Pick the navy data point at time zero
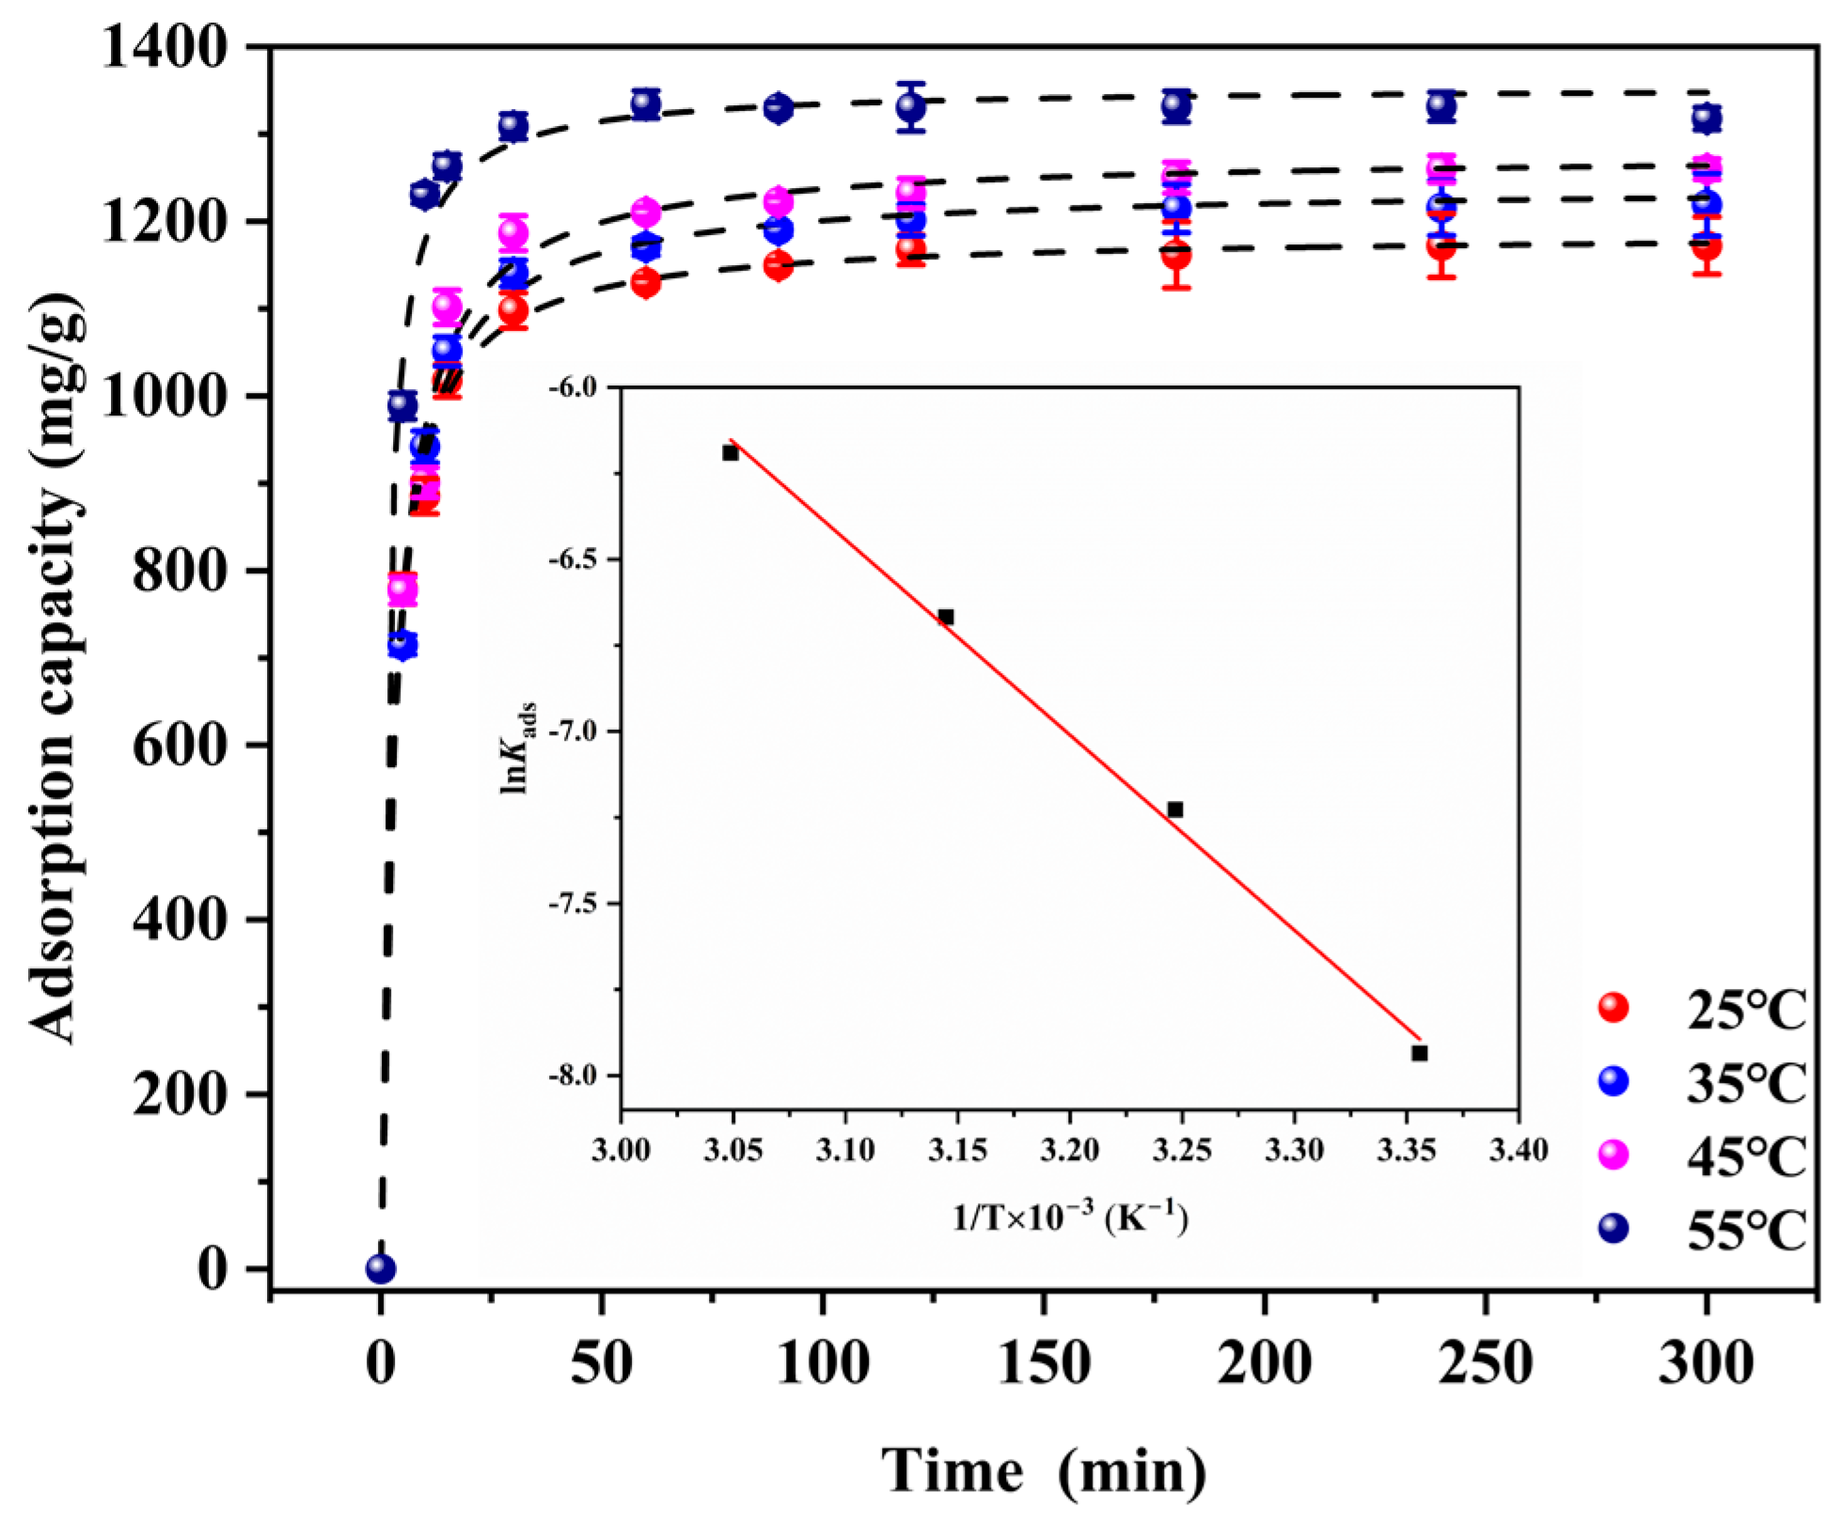380,1269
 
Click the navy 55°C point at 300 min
1707,118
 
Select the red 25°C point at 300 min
1707,246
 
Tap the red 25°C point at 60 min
645,282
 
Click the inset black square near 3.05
731,453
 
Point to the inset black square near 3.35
1420,1053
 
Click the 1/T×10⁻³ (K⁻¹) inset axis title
1070,1218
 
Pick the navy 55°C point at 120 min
910,106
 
